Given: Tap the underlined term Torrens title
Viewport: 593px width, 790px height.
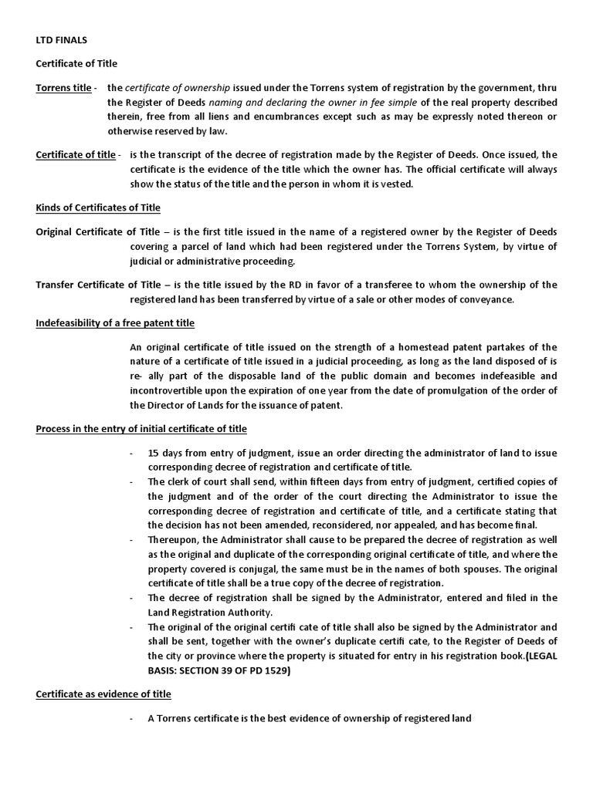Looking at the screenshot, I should (x=63, y=88).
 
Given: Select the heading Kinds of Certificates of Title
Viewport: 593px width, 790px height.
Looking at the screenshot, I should (x=98, y=208).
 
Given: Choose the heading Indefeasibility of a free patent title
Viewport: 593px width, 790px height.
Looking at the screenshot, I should (x=115, y=322).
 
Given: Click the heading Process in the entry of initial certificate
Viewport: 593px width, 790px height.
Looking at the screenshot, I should (x=141, y=428).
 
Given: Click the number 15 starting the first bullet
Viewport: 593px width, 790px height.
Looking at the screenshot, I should (x=154, y=453).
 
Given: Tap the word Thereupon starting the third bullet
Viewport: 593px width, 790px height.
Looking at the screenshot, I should (x=174, y=540).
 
